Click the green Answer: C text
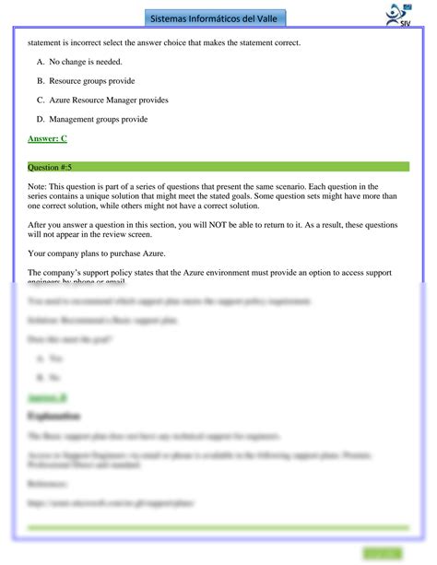click(x=47, y=138)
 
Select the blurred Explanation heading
click(x=56, y=416)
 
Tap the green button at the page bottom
click(x=383, y=552)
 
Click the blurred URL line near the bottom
click(x=111, y=503)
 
